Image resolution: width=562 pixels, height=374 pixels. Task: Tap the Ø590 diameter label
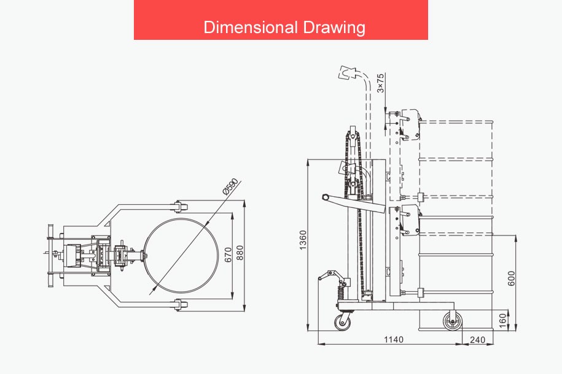(x=230, y=186)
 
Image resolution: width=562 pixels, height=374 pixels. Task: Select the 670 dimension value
(x=228, y=254)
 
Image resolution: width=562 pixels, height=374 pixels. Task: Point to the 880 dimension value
(x=240, y=253)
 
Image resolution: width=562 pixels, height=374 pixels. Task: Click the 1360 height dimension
(x=303, y=240)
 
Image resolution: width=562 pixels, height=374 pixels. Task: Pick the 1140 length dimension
(x=394, y=339)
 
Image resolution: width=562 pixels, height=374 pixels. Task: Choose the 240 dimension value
(x=477, y=340)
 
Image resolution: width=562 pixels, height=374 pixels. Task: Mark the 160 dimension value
(x=503, y=320)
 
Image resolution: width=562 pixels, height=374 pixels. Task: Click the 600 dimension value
(x=512, y=278)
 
